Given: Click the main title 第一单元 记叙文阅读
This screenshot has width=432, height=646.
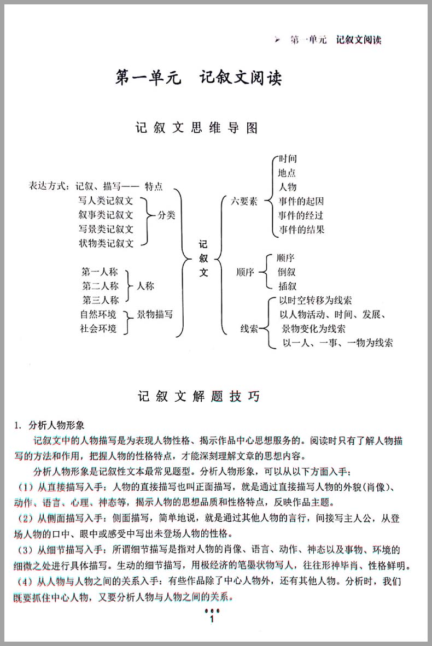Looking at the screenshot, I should tap(199, 77).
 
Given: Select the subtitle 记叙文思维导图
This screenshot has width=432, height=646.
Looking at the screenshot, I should tap(197, 128).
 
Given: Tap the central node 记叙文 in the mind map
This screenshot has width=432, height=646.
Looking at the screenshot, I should tap(203, 258).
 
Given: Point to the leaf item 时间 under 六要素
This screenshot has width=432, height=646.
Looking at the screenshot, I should tap(288, 159).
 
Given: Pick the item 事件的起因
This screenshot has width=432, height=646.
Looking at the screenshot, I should tap(301, 201).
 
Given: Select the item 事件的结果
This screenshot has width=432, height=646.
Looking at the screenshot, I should tap(301, 229).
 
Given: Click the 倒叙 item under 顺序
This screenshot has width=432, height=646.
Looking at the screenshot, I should tap(287, 272).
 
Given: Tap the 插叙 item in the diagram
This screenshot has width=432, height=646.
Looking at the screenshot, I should tap(287, 286).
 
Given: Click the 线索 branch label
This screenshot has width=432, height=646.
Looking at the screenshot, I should tap(249, 329).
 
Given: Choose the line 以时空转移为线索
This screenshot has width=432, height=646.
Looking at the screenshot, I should tap(316, 300).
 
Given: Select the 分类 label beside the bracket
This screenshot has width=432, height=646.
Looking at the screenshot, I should tap(167, 215).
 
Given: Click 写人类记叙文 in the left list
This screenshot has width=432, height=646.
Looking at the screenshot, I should tap(106, 201).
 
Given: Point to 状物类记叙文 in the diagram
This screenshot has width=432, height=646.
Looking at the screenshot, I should tap(106, 243).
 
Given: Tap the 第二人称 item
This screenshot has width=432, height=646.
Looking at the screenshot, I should tap(101, 286).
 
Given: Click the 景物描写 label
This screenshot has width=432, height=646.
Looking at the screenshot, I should tap(155, 314).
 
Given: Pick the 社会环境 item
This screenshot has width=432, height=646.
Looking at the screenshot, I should tap(98, 328).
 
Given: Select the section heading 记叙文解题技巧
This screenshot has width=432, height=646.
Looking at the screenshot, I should tap(199, 397).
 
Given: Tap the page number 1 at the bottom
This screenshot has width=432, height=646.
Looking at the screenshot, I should tap(211, 619).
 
